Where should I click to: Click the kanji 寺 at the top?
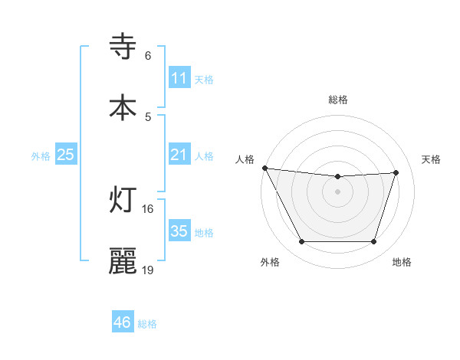(x=123, y=47)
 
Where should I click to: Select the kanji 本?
(x=123, y=106)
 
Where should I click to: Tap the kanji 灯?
(x=123, y=200)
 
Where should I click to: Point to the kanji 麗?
(x=123, y=261)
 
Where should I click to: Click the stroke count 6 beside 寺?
(x=148, y=56)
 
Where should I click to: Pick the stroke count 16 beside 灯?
(x=148, y=208)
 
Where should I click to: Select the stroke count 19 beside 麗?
(x=148, y=270)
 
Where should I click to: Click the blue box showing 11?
(x=179, y=78)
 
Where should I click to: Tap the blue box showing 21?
(x=179, y=155)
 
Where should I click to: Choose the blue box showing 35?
(x=179, y=231)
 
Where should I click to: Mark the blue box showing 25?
(x=66, y=155)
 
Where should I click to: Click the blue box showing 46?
(x=123, y=322)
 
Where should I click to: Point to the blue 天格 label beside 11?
(x=204, y=79)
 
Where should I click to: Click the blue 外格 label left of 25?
(x=41, y=155)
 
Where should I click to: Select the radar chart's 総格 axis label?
(x=338, y=100)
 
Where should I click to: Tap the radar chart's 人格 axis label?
(x=245, y=159)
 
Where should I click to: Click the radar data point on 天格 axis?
(x=396, y=172)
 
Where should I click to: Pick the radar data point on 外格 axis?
(x=301, y=242)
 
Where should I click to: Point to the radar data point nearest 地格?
(x=374, y=242)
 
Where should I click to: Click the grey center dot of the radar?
(x=338, y=191)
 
